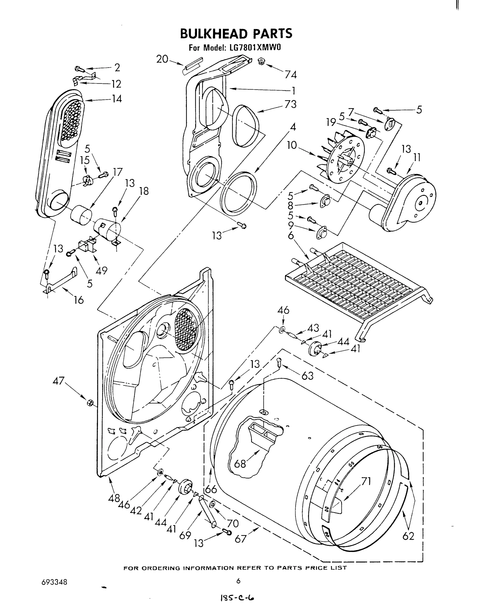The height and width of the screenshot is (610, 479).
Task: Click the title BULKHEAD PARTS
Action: click(x=236, y=33)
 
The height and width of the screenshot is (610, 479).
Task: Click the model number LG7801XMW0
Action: click(x=253, y=48)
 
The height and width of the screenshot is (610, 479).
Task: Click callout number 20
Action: click(x=162, y=59)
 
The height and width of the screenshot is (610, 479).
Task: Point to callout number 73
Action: click(x=290, y=104)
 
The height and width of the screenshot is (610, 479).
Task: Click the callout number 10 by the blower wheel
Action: click(x=292, y=145)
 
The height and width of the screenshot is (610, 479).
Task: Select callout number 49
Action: click(x=101, y=271)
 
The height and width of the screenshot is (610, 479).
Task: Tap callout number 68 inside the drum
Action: click(x=240, y=464)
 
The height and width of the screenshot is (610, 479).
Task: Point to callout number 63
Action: click(x=307, y=376)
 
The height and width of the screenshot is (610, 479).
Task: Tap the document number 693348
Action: click(x=54, y=582)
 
